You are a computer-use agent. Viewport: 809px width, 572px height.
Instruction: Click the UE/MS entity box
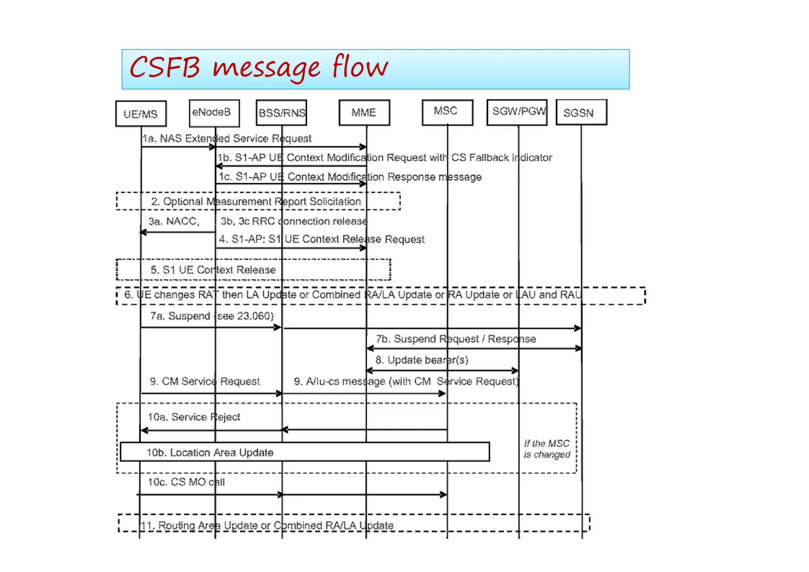(x=141, y=114)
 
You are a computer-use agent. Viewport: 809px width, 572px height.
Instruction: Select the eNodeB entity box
(x=214, y=113)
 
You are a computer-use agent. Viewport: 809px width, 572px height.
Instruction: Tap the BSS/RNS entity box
(x=281, y=113)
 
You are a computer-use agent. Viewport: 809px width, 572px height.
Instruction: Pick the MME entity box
(x=364, y=113)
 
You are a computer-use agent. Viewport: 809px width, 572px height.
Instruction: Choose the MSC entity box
(x=447, y=112)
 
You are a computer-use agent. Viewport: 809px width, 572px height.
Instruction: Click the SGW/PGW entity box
(x=517, y=112)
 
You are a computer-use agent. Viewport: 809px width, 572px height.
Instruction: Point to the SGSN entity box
(x=581, y=113)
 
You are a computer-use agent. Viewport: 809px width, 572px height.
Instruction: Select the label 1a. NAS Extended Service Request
(x=227, y=138)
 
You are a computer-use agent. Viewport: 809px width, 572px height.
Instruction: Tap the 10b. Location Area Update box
(x=304, y=452)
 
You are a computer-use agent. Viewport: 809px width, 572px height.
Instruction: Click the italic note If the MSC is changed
(x=547, y=449)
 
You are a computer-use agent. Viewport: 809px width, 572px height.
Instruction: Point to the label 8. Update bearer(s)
(x=421, y=360)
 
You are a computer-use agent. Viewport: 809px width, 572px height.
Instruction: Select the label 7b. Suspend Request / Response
(x=455, y=339)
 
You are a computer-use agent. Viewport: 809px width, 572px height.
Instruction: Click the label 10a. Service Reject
(x=194, y=417)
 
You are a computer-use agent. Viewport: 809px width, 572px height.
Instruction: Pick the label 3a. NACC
(x=174, y=221)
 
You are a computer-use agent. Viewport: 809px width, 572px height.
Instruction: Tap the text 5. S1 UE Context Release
(x=213, y=270)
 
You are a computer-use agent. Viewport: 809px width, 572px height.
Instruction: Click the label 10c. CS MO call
(x=186, y=482)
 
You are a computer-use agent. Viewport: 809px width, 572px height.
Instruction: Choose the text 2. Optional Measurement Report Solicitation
(x=256, y=201)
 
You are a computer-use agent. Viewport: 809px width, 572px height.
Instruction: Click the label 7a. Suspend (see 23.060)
(x=212, y=316)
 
